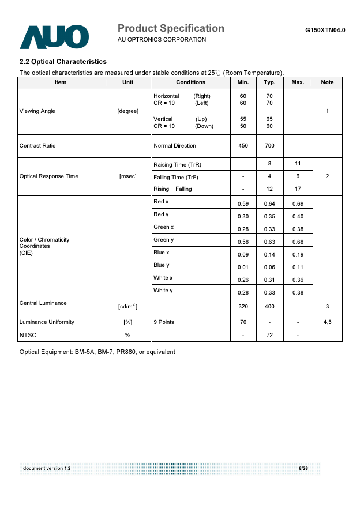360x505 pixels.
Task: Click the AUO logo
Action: pyautogui.click(x=54, y=36)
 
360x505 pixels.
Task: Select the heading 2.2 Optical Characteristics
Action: pyautogui.click(x=63, y=62)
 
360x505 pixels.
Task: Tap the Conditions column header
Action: pyautogui.click(x=190, y=82)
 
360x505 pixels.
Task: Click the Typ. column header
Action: pyautogui.click(x=269, y=82)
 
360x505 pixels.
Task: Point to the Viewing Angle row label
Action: pyautogui.click(x=37, y=111)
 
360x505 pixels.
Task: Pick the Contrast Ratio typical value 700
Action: pyautogui.click(x=269, y=146)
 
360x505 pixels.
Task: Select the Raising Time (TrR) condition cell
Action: pyautogui.click(x=177, y=165)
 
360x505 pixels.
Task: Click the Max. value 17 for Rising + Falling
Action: pyautogui.click(x=298, y=189)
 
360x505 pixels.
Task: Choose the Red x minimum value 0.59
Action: pyautogui.click(x=243, y=204)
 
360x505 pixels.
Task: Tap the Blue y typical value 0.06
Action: pyautogui.click(x=269, y=267)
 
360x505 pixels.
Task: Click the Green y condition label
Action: pyautogui.click(x=164, y=240)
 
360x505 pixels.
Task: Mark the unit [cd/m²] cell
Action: pyautogui.click(x=127, y=306)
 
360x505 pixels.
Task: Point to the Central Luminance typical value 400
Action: pyautogui.click(x=269, y=307)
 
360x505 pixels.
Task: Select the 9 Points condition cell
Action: pyautogui.click(x=164, y=322)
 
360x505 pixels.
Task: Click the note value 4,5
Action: pyautogui.click(x=327, y=322)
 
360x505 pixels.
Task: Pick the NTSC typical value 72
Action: pyautogui.click(x=269, y=335)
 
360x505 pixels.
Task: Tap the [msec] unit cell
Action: pyautogui.click(x=127, y=176)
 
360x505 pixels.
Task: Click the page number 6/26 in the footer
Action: pyautogui.click(x=303, y=468)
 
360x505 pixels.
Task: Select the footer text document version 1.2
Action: pyautogui.click(x=47, y=468)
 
